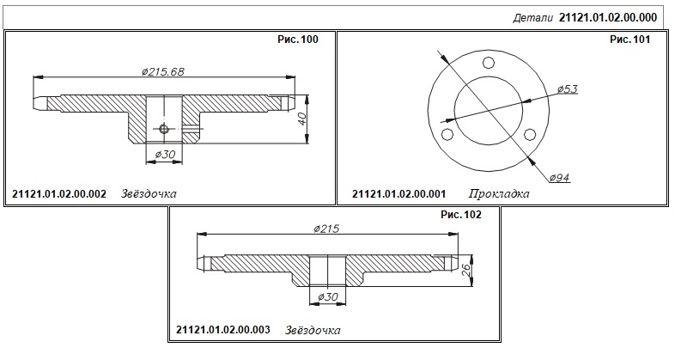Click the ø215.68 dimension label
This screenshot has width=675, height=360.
pos(162,71)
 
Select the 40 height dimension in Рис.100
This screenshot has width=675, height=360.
pos(302,118)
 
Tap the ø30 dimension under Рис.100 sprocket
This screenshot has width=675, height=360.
pos(164,154)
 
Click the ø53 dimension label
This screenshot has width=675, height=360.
pos(568,89)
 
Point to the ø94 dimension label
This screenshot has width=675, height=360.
pos(560,177)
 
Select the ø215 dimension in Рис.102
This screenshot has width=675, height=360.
pos(326,229)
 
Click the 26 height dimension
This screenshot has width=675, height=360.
pos(465,271)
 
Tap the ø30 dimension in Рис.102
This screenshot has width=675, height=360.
pos(327,296)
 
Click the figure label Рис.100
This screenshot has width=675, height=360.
pos(298,40)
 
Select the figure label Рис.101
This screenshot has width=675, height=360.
pos(629,40)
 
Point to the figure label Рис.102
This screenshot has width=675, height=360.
pos(461,215)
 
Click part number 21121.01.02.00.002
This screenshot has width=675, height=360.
pos(59,194)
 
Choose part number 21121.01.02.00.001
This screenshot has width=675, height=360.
pos(398,194)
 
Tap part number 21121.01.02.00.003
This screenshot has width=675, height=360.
pos(223,330)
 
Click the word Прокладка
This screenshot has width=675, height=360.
pos(498,194)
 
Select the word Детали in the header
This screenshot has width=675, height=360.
pos(532,18)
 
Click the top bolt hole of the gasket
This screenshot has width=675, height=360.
pos(488,63)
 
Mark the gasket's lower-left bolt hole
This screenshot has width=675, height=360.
pos(447,134)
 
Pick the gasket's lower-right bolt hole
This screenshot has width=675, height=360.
pos(530,134)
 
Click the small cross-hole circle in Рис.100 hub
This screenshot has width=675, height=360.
pos(163,129)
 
